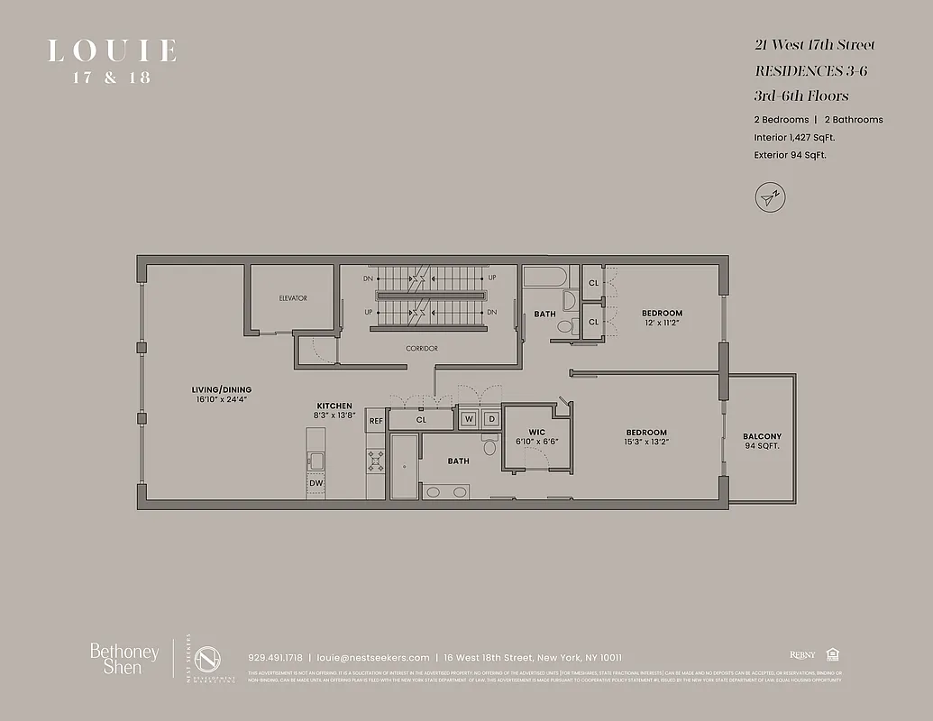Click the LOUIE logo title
point(112,51)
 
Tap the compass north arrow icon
point(769,196)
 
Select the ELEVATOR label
point(293,298)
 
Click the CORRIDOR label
point(421,348)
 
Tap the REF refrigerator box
point(376,420)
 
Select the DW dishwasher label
point(315,483)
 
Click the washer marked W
point(469,419)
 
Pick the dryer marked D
point(491,419)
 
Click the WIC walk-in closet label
point(537,432)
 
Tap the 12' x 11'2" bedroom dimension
point(662,323)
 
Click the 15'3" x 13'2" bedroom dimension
point(646,443)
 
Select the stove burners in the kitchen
point(376,461)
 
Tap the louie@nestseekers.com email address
point(373,657)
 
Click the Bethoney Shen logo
point(124,659)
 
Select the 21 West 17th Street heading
point(814,45)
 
